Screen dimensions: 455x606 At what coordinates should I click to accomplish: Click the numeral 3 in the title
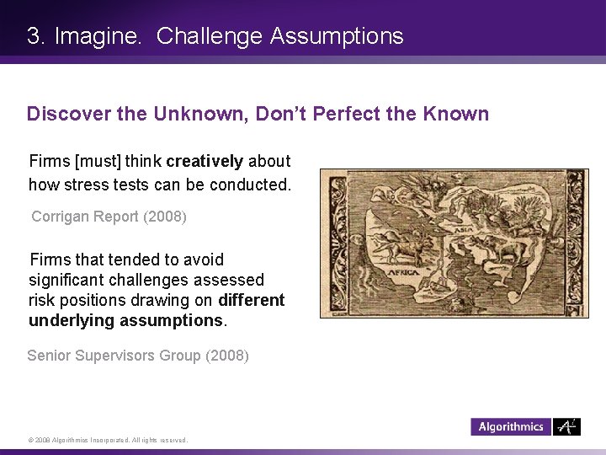33,36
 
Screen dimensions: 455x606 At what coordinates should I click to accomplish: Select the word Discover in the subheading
66,114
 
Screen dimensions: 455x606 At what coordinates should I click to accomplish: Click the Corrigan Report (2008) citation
109,217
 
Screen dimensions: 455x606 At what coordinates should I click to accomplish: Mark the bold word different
252,300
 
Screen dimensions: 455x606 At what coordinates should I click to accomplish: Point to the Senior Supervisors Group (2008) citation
138,356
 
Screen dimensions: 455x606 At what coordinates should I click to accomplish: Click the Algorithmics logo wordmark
511,427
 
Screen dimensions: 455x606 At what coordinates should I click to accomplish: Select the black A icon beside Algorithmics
566,426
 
